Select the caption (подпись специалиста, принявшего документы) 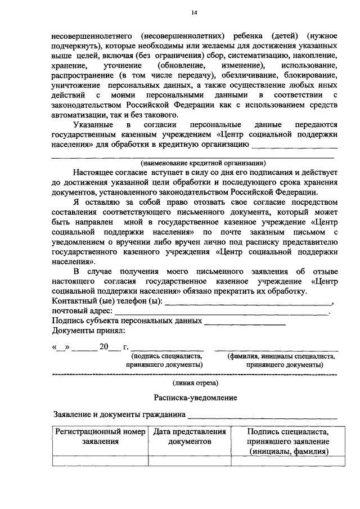166,360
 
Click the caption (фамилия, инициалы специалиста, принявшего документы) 281,360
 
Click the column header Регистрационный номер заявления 100,437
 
